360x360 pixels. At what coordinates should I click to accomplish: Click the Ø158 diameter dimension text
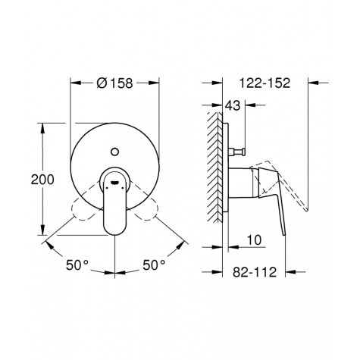tap(115, 84)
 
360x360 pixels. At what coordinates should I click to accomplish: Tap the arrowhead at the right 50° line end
tap(183, 243)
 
